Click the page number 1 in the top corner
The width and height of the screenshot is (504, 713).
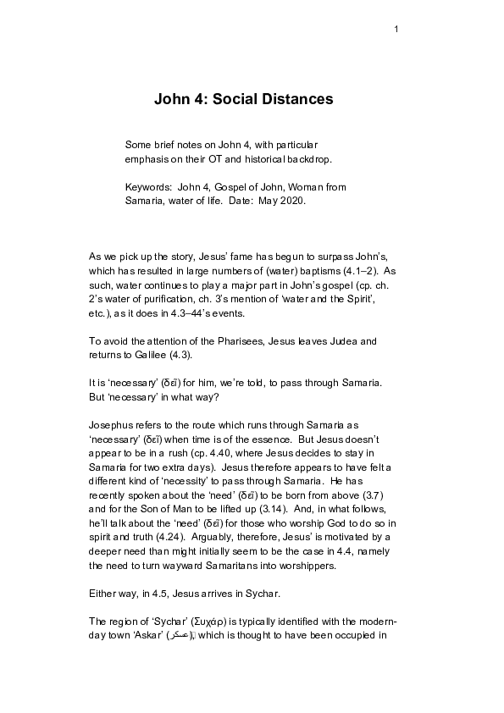[396, 30]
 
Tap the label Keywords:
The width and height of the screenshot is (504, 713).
[149, 186]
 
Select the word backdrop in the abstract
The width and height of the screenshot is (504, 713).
[311, 159]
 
